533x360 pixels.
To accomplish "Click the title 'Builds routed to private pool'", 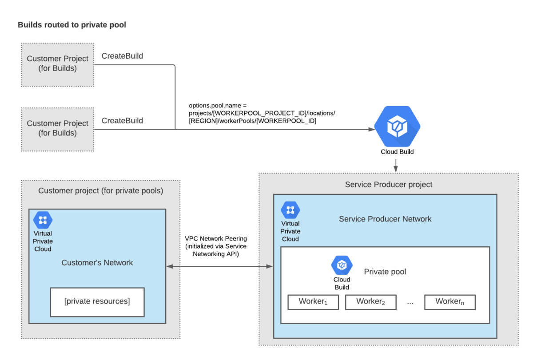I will [72, 25].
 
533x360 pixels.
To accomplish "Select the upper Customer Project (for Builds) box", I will [58, 65].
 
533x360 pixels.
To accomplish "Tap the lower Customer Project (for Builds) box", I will [58, 129].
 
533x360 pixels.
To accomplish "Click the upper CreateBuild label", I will [122, 56].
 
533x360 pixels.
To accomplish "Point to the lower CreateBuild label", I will [122, 121].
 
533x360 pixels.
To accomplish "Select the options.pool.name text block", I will [262, 113].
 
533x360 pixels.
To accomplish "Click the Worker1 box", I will [313, 302].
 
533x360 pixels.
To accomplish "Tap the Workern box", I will [450, 302].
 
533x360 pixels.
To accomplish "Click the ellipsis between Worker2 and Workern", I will [410, 302].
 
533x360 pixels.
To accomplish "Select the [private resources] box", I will [97, 302].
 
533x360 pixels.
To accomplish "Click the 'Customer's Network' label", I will [97, 263].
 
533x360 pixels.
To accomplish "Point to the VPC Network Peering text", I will [215, 246].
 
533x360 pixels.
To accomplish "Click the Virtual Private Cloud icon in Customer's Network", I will [43, 220].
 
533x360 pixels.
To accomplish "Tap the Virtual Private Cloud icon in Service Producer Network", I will [290, 210].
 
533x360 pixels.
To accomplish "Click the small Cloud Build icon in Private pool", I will [342, 265].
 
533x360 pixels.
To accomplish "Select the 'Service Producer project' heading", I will [388, 184].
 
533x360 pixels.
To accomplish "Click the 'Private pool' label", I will [385, 272].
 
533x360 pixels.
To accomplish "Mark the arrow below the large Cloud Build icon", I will [395, 166].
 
